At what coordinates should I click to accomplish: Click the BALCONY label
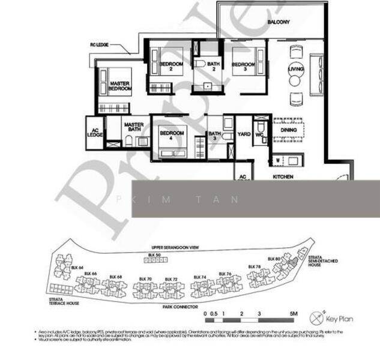(x=279, y=22)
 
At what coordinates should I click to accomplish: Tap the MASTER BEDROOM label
(x=120, y=86)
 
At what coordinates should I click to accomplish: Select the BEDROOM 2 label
(x=171, y=67)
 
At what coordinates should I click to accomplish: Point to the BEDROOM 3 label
(x=243, y=67)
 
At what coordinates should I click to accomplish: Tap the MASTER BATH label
(x=134, y=128)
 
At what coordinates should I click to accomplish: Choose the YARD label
(x=244, y=134)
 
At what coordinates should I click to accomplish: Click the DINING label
(x=289, y=129)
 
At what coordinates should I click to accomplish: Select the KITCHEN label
(x=283, y=177)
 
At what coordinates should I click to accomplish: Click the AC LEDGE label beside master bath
(x=95, y=133)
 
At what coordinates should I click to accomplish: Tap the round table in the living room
(x=296, y=70)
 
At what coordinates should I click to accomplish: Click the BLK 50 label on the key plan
(x=154, y=256)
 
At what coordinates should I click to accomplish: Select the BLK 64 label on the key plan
(x=76, y=267)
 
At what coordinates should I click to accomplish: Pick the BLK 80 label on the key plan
(x=274, y=259)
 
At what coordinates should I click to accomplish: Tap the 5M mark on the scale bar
(x=294, y=314)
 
